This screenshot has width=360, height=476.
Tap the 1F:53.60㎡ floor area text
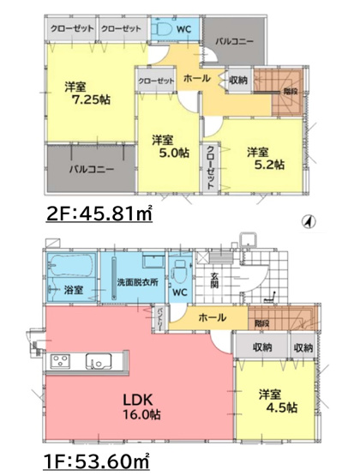(94, 462)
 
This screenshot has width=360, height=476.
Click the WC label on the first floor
(180, 292)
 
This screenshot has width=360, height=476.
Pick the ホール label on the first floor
(213, 317)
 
